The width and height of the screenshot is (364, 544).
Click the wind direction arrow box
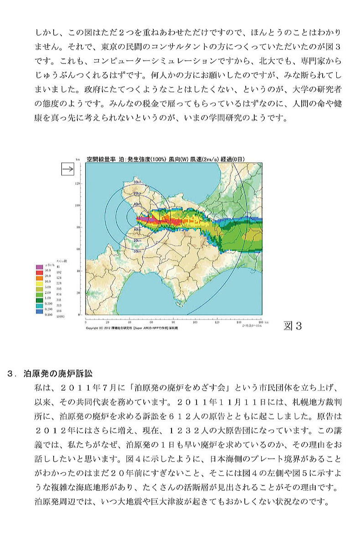(x=67, y=170)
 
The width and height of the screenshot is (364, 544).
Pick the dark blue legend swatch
(x=40, y=314)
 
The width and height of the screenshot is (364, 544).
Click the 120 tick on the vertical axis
(x=78, y=183)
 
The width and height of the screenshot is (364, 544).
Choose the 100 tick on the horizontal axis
(x=195, y=321)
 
